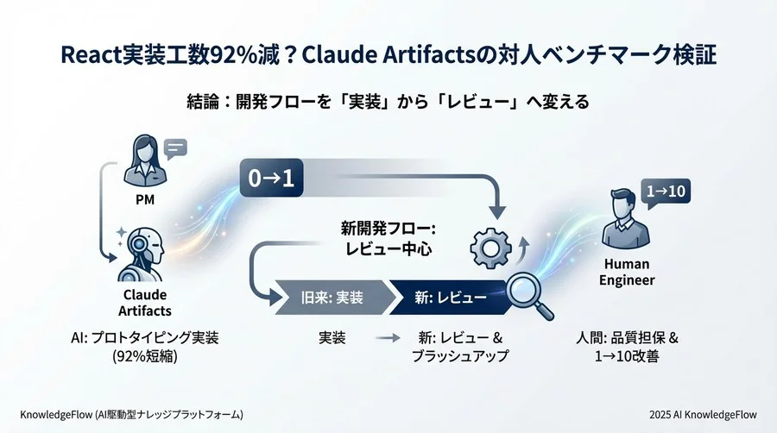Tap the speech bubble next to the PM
point(175,150)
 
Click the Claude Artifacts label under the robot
point(141,302)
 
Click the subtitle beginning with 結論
point(388,102)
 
